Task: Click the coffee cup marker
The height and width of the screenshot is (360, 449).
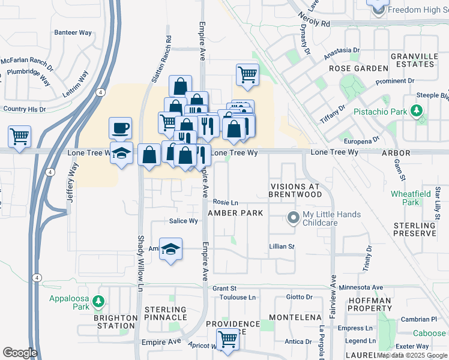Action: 120,128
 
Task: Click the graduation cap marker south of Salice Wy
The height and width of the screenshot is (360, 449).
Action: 170,250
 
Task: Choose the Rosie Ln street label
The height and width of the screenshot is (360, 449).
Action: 226,202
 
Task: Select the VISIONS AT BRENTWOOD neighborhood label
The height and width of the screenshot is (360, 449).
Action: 295,191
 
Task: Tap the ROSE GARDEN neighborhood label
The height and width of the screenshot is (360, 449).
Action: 358,68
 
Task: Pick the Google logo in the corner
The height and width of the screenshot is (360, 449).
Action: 20,352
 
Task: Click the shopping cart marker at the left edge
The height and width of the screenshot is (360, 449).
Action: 19,136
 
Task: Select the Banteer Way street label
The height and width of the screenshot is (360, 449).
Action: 71,32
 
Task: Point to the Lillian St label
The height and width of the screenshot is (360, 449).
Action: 282,247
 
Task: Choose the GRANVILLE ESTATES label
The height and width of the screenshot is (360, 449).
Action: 414,60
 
